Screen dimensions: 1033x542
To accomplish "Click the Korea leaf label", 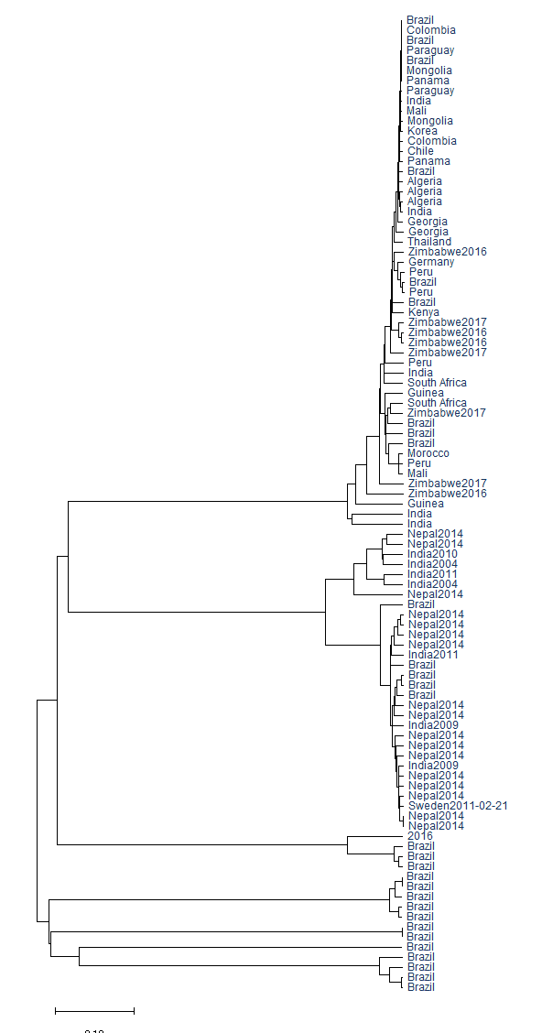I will pos(422,131).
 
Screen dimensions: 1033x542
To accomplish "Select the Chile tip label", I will pos(421,151).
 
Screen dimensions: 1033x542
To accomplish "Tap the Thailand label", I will pos(429,242).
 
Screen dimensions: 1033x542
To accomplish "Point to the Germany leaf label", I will pos(430,262).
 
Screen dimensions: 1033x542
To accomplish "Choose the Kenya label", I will pos(423,312).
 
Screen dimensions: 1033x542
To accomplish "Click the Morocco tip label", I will pos(428,453).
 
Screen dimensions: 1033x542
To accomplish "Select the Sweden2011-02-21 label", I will pos(458,806).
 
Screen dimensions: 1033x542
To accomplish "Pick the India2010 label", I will pos(432,554).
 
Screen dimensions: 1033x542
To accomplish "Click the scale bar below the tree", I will pos(94,1010).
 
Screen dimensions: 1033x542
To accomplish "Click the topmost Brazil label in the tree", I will pos(421,20).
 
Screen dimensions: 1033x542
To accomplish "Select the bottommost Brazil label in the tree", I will pos(421,987).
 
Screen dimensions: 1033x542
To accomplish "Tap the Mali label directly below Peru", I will pos(417,473).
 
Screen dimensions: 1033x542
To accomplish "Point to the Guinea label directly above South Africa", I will pos(426,393).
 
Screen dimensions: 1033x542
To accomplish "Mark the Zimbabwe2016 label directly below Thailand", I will pos(447,252).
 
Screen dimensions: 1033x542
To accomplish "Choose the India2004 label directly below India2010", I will pos(432,564).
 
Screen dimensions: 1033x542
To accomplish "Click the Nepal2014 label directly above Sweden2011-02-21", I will pos(436,796).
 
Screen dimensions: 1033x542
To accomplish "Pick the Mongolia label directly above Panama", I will pos(429,71).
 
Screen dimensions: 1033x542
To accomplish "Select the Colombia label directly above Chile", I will pos(431,141).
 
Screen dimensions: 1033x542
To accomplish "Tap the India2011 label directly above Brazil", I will pos(432,655).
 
